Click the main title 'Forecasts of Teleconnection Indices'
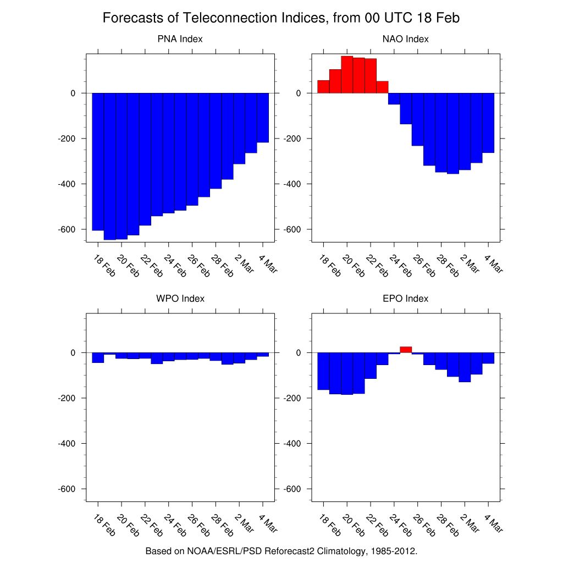[x=281, y=18]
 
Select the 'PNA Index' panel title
[x=180, y=39]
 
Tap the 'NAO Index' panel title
[x=405, y=39]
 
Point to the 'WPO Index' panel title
[x=180, y=299]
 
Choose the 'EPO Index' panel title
[x=405, y=299]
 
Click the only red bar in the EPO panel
[x=406, y=350]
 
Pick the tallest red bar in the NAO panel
[x=347, y=74]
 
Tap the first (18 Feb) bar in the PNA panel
[x=98, y=162]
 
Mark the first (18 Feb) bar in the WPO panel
[x=98, y=357]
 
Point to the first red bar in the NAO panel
[x=323, y=87]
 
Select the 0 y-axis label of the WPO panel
[x=72, y=352]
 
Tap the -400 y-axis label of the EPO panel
[x=291, y=443]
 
